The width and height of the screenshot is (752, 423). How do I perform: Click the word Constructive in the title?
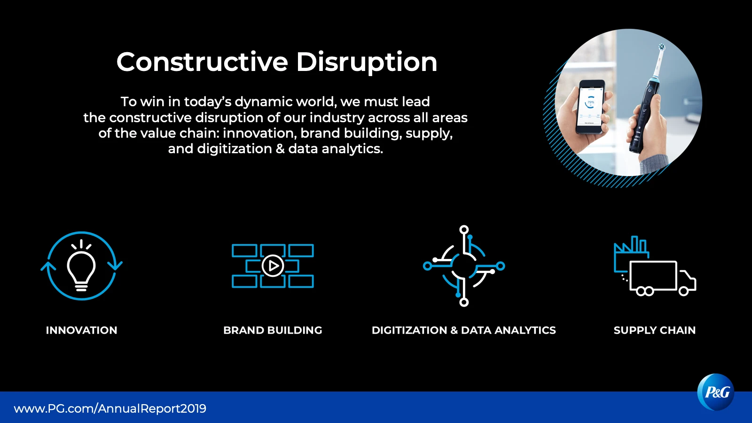[202, 62]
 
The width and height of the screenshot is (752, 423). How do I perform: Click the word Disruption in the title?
[367, 63]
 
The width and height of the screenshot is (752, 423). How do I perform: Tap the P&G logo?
[716, 392]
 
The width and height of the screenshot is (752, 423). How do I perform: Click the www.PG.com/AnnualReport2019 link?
[110, 408]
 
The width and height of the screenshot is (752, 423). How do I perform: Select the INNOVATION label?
[82, 330]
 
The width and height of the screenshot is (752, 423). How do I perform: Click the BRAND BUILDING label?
[273, 330]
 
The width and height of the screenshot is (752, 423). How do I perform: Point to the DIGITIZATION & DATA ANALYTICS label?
[463, 330]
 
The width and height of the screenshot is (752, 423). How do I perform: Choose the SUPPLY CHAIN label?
[655, 330]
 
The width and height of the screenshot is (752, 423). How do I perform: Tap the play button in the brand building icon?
[273, 266]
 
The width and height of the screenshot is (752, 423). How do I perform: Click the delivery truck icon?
[662, 278]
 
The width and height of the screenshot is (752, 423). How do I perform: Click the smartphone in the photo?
[590, 107]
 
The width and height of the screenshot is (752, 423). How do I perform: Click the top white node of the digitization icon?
[464, 230]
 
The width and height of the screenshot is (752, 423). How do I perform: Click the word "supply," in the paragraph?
[429, 134]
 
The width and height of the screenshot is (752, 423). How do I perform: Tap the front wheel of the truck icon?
[683, 291]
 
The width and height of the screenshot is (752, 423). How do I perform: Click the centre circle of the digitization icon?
[464, 266]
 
